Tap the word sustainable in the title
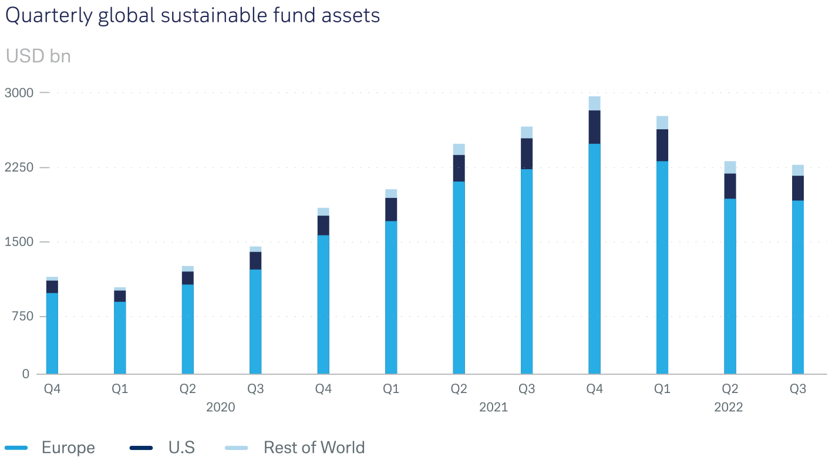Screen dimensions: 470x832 210,16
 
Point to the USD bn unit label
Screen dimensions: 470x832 38,56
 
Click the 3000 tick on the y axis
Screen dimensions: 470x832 19,93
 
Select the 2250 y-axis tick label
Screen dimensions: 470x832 19,167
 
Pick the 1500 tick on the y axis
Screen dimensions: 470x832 19,242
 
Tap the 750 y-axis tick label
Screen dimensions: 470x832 22,317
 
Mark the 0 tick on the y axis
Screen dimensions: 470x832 26,374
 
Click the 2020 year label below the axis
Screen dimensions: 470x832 220,407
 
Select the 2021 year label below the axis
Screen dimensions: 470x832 493,407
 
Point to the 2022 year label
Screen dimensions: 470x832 728,407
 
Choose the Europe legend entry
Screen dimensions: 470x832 68,448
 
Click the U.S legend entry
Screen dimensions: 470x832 181,448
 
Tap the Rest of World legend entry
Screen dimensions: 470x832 314,448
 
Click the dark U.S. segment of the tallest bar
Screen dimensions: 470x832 594,127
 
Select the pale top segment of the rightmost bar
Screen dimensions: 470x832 797,170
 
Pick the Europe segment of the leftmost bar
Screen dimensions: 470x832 52,333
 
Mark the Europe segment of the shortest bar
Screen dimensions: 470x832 120,338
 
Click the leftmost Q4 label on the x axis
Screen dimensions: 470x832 52,389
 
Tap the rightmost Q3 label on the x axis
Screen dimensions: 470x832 797,389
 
